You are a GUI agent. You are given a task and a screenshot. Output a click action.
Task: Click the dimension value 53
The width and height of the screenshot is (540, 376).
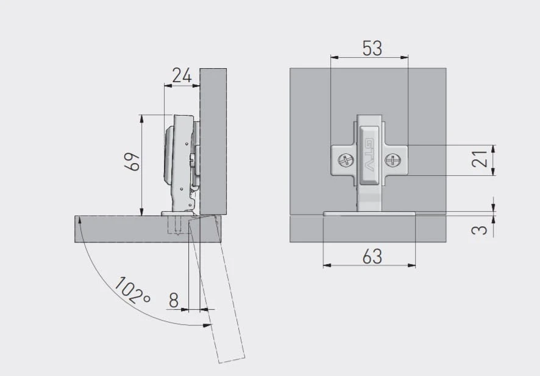tap(372, 48)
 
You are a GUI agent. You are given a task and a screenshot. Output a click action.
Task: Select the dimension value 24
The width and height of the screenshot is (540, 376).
tap(182, 75)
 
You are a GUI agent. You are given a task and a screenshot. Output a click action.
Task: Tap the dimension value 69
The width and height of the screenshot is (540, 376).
tap(133, 161)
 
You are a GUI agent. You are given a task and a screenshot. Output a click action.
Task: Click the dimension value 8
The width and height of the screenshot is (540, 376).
tap(174, 300)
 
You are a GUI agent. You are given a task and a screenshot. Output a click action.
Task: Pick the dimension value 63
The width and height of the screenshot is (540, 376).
tap(372, 256)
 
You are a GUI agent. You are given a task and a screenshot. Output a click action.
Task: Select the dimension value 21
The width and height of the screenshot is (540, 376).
tap(480, 158)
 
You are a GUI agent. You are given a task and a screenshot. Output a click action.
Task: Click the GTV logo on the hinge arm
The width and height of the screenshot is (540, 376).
tap(369, 155)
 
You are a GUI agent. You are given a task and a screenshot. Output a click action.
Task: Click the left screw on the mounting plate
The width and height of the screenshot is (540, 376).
tap(346, 160)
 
